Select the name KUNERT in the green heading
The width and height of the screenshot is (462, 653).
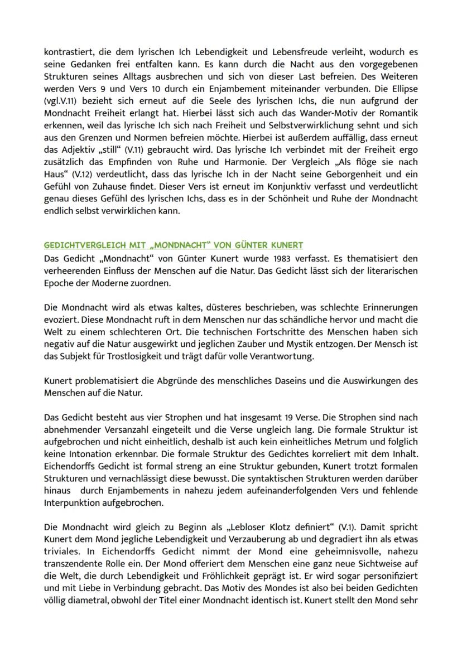pyautogui.click(x=286, y=245)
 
